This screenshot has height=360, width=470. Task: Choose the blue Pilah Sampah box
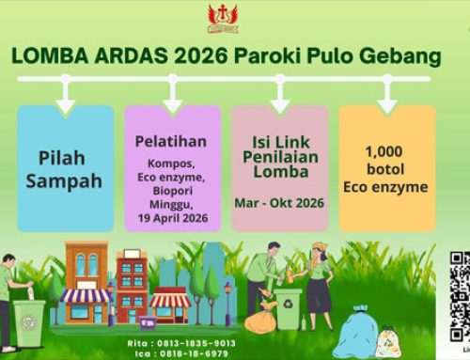(x=64, y=154)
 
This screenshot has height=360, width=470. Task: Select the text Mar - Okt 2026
(x=280, y=203)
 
